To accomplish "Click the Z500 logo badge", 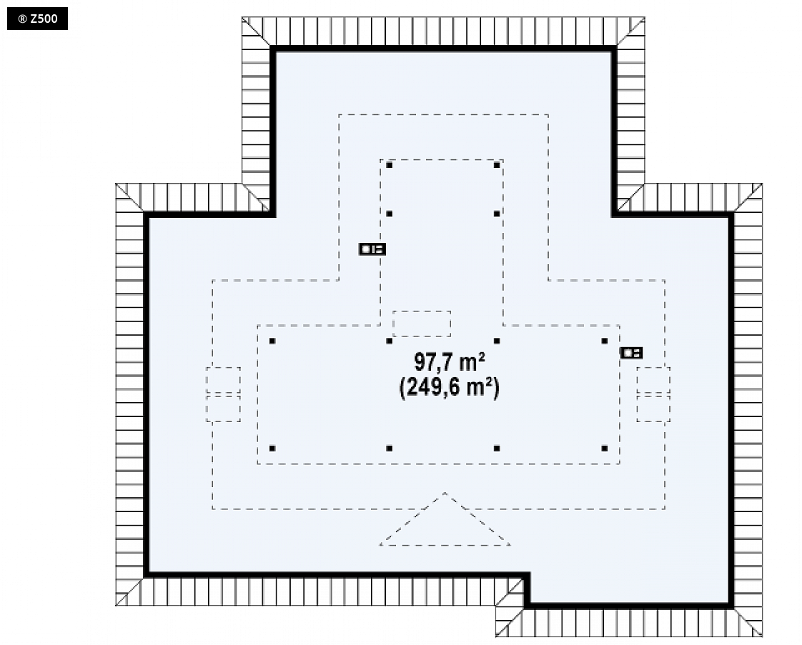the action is [x=37, y=19].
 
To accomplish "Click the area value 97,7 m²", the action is [x=450, y=362].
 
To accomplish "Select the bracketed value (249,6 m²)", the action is [x=449, y=387].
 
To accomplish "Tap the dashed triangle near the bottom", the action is [x=445, y=519].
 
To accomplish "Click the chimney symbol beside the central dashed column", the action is [x=372, y=249].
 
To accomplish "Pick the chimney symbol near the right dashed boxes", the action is [x=631, y=353].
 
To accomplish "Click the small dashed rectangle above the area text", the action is [x=422, y=324].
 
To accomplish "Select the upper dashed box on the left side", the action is [x=223, y=380].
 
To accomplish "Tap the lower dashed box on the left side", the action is [x=223, y=409].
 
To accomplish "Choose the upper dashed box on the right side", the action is [x=653, y=380].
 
